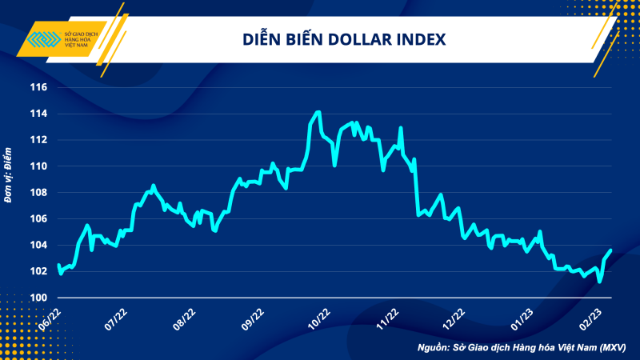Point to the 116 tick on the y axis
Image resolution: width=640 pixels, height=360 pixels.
(x=38, y=87)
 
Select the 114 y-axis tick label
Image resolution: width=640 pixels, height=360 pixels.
(x=38, y=114)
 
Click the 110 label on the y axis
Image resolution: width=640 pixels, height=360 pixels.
(x=38, y=166)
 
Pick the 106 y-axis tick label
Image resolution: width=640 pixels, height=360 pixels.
(x=38, y=218)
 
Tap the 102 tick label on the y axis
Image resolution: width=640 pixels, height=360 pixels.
(x=38, y=271)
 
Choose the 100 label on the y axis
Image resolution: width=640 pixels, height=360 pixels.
(x=38, y=298)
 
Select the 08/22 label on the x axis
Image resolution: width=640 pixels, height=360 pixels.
(x=184, y=317)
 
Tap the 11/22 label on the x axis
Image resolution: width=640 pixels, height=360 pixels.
(x=386, y=317)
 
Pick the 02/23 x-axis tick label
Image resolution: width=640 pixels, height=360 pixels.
(x=590, y=317)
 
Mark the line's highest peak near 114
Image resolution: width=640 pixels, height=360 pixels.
(x=318, y=112)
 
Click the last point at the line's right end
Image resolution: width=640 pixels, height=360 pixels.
(x=611, y=250)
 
